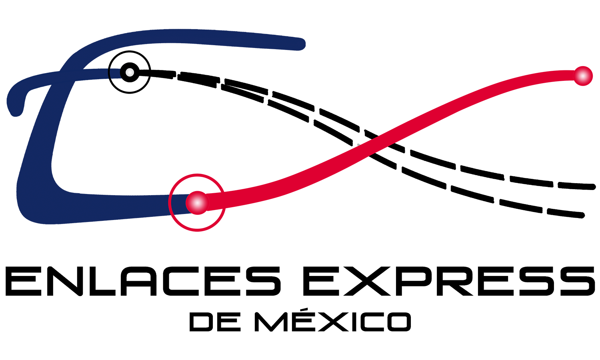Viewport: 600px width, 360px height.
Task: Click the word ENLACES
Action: click(x=143, y=281)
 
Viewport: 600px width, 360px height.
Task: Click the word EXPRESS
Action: click(x=449, y=281)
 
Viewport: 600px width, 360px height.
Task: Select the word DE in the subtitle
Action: click(x=215, y=322)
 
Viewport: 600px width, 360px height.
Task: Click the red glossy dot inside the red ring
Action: click(x=197, y=203)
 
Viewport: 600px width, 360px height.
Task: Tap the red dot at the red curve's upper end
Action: click(x=583, y=76)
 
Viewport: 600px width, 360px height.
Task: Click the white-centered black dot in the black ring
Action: click(x=130, y=72)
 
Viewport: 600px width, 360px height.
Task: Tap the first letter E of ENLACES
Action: click(x=24, y=281)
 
